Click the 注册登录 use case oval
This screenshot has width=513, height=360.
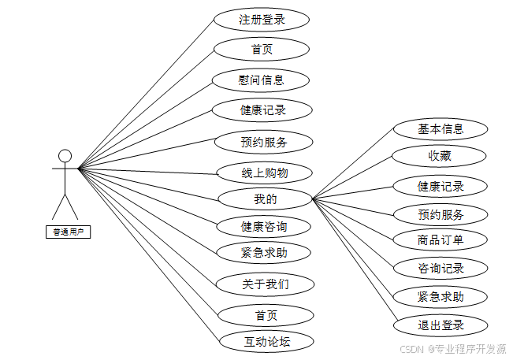(262, 20)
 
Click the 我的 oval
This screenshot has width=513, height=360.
(266, 199)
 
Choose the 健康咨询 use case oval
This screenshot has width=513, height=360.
(264, 227)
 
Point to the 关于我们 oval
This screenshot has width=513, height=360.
(266, 284)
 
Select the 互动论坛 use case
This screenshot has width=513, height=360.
(266, 341)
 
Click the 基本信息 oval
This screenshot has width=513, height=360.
(441, 128)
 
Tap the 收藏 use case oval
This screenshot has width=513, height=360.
(441, 156)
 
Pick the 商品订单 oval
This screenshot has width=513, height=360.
(441, 239)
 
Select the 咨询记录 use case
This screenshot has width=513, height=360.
(441, 268)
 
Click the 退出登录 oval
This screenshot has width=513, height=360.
(441, 325)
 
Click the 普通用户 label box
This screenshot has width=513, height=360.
(67, 232)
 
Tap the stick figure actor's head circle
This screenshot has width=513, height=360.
(65, 156)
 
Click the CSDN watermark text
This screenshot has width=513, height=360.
(452, 348)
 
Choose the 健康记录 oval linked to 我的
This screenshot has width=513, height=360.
(441, 187)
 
